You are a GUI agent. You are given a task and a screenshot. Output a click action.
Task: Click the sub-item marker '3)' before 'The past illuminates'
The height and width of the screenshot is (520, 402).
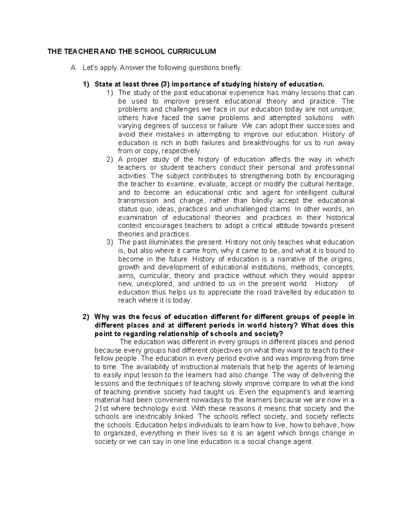coord(110,242)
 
